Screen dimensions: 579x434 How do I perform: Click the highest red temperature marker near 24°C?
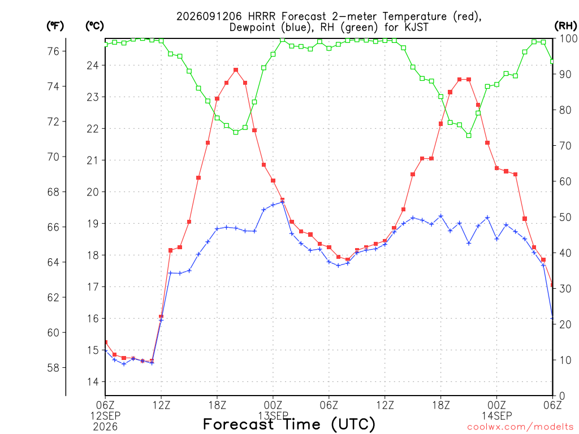[236, 70]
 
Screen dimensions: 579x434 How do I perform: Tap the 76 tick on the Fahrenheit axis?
[53, 51]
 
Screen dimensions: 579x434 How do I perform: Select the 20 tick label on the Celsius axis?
[93, 192]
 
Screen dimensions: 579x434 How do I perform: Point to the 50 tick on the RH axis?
[565, 217]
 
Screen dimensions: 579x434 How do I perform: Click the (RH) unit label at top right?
[565, 25]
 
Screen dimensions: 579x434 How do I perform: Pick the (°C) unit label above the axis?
[94, 25]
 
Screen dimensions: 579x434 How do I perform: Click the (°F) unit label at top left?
[55, 25]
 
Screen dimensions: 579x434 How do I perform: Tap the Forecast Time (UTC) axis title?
[289, 424]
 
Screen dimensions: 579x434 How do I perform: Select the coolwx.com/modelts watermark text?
[520, 427]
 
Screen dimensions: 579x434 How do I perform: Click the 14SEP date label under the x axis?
[496, 416]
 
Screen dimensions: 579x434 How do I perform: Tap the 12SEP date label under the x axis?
[105, 416]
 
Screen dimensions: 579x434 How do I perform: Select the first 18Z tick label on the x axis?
[217, 405]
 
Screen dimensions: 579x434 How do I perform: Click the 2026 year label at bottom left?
[105, 427]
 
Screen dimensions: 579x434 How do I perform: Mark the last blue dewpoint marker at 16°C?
[552, 318]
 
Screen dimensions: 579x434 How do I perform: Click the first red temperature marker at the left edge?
[106, 342]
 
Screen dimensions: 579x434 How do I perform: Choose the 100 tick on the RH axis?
[568, 38]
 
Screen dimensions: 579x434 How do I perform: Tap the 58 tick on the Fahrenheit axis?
[53, 367]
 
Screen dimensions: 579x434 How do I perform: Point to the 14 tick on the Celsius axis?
[93, 381]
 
